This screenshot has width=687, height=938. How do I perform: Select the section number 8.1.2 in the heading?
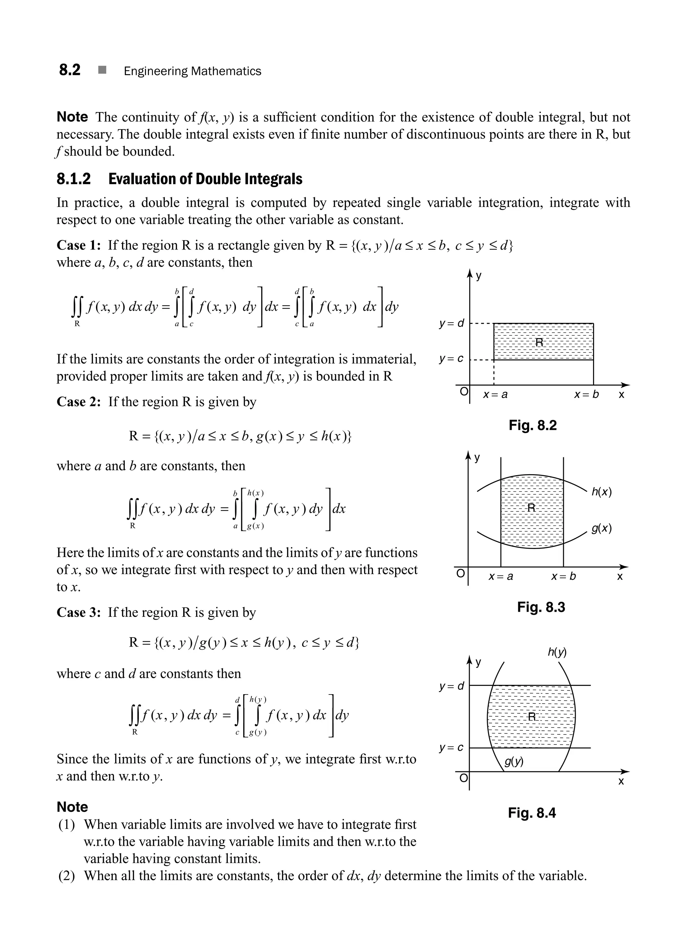tap(73, 179)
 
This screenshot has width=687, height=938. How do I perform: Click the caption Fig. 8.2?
tap(533, 425)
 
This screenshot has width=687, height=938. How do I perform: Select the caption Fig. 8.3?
tap(541, 607)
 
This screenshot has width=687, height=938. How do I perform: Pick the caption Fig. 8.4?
tap(532, 813)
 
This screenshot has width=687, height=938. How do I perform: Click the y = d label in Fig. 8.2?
tap(452, 323)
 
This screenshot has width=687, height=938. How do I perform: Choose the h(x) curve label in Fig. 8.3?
tap(602, 492)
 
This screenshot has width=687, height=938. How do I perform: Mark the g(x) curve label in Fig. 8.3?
tap(602, 529)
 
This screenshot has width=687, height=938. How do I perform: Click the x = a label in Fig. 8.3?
tap(501, 577)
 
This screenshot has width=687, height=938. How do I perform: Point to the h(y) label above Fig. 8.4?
tap(557, 652)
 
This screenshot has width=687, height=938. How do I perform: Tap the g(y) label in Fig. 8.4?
tap(514, 761)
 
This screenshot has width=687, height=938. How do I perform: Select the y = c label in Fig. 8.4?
tap(451, 748)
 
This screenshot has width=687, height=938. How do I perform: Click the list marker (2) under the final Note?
tap(66, 876)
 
